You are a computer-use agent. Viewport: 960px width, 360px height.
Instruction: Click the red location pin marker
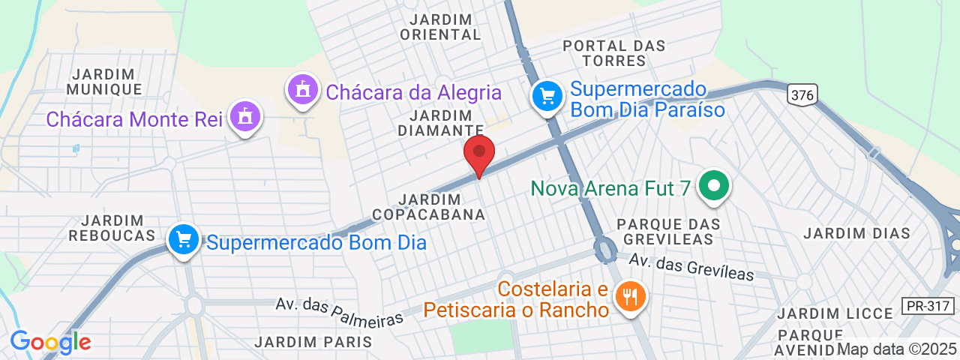point(479,153)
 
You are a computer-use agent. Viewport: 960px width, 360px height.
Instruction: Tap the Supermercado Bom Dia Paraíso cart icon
point(547,96)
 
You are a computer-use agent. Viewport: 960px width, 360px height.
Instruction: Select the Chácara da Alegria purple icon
point(303,89)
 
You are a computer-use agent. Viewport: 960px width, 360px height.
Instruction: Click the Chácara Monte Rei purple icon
point(244,117)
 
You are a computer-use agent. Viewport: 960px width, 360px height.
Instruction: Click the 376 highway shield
point(802,94)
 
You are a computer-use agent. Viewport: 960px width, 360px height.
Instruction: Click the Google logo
point(50,342)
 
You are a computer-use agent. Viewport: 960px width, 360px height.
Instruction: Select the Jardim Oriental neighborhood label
point(440,27)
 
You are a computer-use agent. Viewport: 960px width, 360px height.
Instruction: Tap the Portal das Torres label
point(614,53)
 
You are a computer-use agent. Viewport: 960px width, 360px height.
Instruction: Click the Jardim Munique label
point(103,82)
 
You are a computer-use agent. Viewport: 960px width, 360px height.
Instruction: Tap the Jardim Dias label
point(856,233)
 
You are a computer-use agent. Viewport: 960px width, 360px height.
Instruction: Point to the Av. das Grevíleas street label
point(691,267)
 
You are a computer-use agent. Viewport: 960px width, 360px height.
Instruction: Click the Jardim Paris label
point(313,342)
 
